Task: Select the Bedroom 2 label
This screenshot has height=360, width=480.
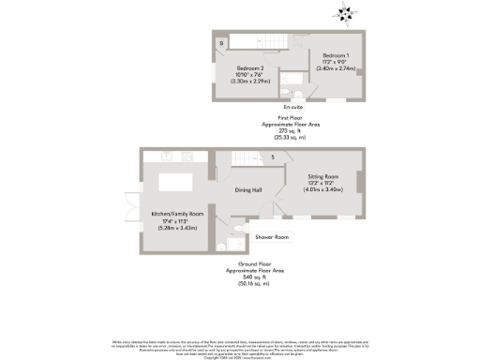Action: click(250, 68)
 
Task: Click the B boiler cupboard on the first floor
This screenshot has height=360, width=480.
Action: click(221, 43)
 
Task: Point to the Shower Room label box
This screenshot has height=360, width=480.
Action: click(271, 237)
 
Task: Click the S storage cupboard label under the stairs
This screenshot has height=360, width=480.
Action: click(274, 157)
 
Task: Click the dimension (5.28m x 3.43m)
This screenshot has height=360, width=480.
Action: click(177, 228)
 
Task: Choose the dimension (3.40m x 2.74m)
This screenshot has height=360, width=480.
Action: click(334, 68)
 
